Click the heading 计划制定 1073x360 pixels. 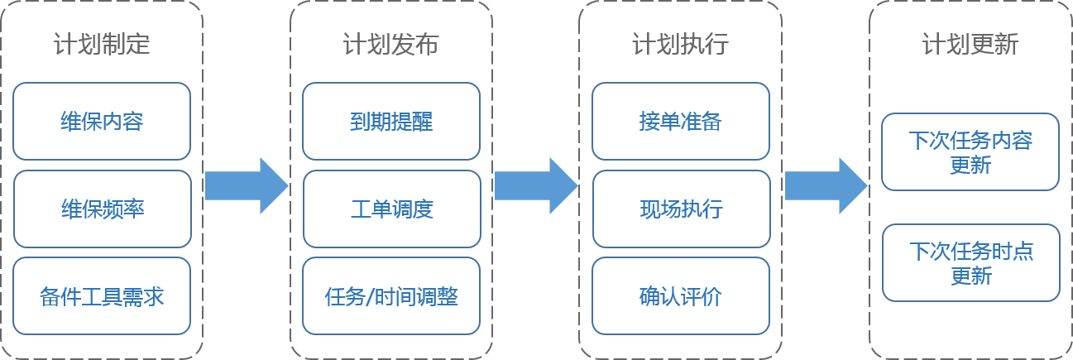point(102,44)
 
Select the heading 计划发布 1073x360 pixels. point(390,44)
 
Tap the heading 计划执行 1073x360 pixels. point(680,44)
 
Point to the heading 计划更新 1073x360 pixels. point(970,44)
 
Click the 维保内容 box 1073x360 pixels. point(102,122)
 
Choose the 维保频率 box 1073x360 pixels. point(102,209)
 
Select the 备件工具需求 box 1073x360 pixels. point(102,296)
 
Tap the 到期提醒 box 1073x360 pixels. point(390,122)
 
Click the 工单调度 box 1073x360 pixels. point(390,209)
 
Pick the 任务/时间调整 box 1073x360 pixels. point(390,296)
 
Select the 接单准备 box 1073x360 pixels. point(680,122)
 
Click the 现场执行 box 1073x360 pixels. point(680,209)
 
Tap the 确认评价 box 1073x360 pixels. point(680,296)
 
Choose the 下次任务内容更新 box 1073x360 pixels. point(970,152)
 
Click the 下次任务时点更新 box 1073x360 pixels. point(970,262)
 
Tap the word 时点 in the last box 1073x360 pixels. point(1012,252)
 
